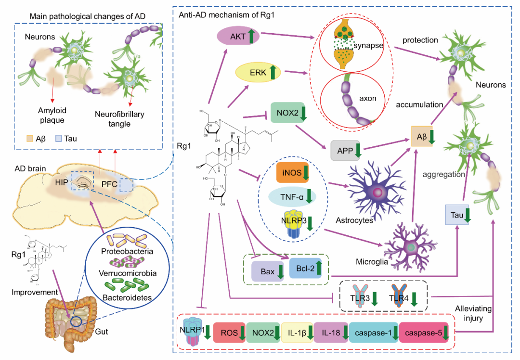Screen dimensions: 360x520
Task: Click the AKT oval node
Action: [x=237, y=37]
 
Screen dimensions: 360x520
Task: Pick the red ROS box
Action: [x=229, y=333]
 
